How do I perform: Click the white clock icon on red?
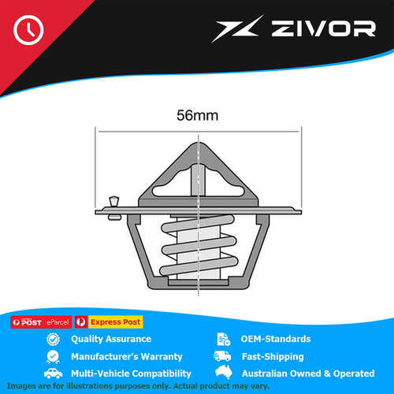(28, 30)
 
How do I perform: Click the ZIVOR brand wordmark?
(323, 28)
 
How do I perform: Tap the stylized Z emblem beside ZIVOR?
(237, 29)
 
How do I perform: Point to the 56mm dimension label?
(198, 115)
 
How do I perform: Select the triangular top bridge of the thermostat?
(199, 173)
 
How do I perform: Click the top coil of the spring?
(198, 223)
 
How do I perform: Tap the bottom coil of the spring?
(199, 266)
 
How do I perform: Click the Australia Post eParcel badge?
(41, 322)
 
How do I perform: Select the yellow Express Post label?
(115, 322)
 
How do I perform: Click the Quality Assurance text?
(111, 339)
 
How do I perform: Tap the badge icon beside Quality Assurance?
(53, 340)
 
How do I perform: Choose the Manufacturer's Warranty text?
(127, 356)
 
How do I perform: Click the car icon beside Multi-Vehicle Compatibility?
(54, 374)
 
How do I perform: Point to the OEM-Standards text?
(276, 339)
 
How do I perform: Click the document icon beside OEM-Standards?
(224, 339)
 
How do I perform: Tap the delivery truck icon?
(222, 356)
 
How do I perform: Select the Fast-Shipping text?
(273, 356)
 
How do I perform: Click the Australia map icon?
(224, 372)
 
